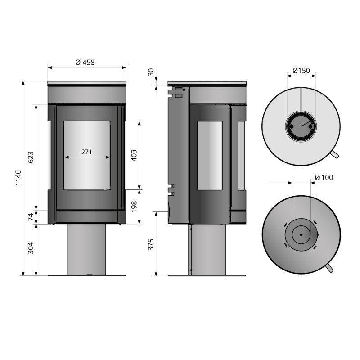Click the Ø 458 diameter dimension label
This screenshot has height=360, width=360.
pos(85,63)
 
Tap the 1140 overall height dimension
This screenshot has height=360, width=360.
pos(18,178)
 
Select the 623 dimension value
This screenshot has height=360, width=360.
pos(31,157)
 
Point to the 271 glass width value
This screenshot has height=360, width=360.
pos(86,152)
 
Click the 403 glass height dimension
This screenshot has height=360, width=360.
pos(134,155)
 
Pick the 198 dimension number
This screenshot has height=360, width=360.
pos(134,207)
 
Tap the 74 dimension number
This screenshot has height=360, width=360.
pos(31,217)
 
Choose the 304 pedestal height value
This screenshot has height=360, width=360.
pos(31,248)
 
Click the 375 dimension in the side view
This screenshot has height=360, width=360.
pos(151,245)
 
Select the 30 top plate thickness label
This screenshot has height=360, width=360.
pos(151,72)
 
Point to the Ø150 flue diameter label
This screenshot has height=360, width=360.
pos(301,71)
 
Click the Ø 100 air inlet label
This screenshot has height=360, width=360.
pos(324,177)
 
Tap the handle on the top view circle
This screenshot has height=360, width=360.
pos(334,154)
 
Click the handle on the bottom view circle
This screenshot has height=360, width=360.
pos(329,268)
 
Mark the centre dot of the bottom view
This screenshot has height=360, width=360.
pos(301,234)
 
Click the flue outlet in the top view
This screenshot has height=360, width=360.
pos(301,126)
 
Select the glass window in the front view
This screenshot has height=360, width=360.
pos(87,156)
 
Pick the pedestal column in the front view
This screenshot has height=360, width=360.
pos(87,249)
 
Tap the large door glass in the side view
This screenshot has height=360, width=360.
pos(210,156)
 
